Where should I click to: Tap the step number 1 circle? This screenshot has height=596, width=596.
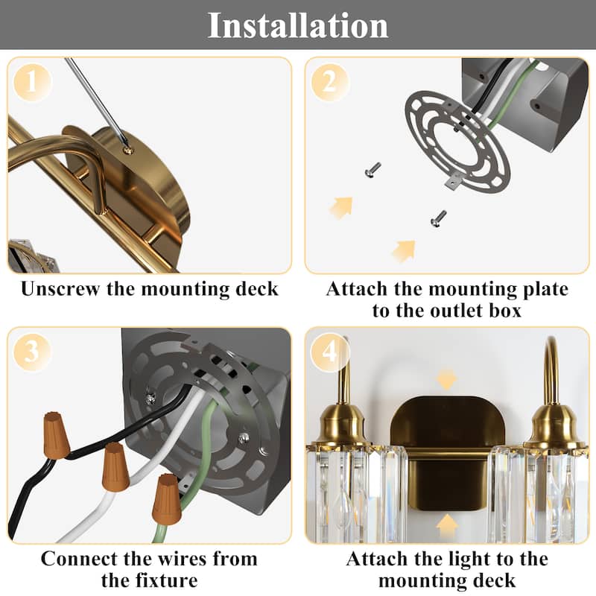[x=31, y=83]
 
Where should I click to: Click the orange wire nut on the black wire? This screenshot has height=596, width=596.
[x=56, y=434]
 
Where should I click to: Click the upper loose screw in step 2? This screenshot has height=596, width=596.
[x=372, y=172]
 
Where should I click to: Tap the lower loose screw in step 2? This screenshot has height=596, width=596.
[x=438, y=218]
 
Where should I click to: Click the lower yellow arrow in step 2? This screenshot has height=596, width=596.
[x=403, y=250]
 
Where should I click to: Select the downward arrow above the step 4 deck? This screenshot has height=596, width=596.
[x=446, y=379]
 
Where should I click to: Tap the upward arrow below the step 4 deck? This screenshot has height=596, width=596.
[x=446, y=526]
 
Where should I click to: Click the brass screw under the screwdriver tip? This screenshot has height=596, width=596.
[x=128, y=150]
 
